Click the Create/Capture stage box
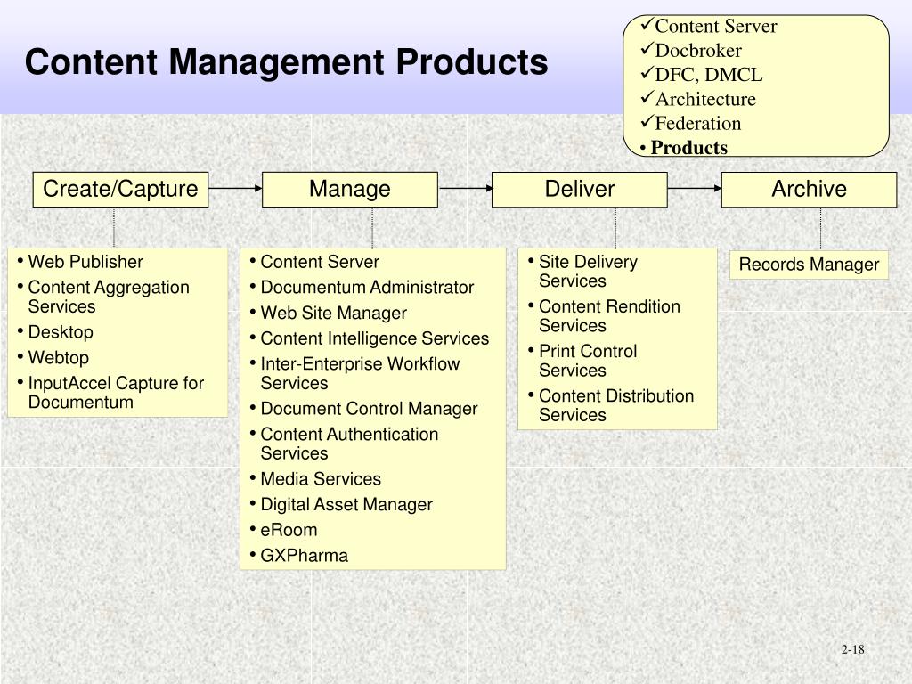pyautogui.click(x=120, y=190)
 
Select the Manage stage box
pyautogui.click(x=349, y=190)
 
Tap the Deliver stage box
pyautogui.click(x=579, y=190)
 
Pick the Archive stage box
pyautogui.click(x=809, y=190)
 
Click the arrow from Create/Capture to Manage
pyautogui.click(x=235, y=188)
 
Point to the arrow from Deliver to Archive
pyautogui.click(x=695, y=188)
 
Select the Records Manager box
pyautogui.click(x=809, y=265)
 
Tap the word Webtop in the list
pyautogui.click(x=59, y=358)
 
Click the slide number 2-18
pyautogui.click(x=852, y=649)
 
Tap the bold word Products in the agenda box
pyautogui.click(x=689, y=148)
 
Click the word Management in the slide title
pyautogui.click(x=278, y=63)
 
